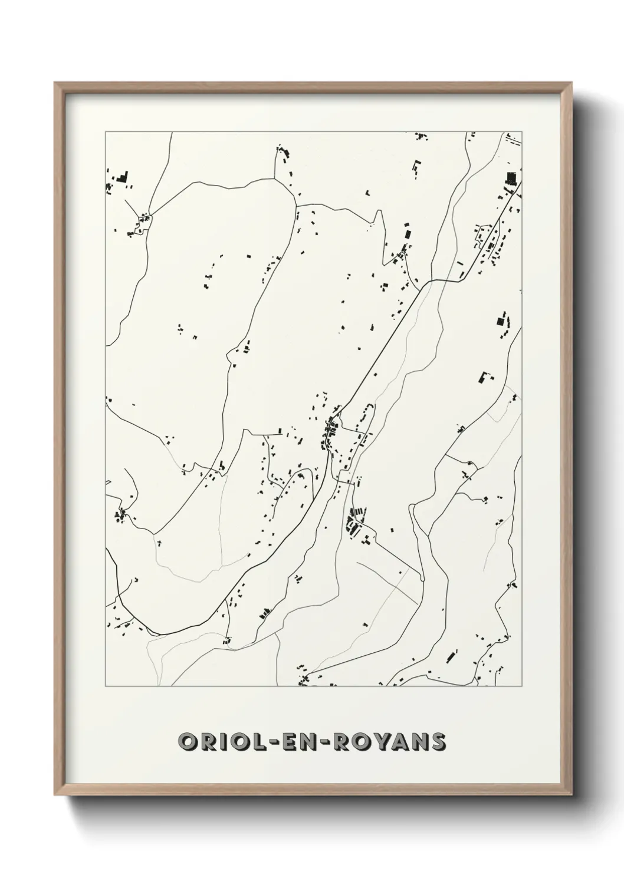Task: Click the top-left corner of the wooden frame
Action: coord(55,83)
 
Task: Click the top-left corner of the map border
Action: coord(106,132)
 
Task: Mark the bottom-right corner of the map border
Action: coord(523,686)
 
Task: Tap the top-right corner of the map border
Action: coord(523,132)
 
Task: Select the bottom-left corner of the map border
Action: coord(106,686)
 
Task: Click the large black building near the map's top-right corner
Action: coord(511,178)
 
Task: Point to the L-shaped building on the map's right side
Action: coord(485,378)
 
